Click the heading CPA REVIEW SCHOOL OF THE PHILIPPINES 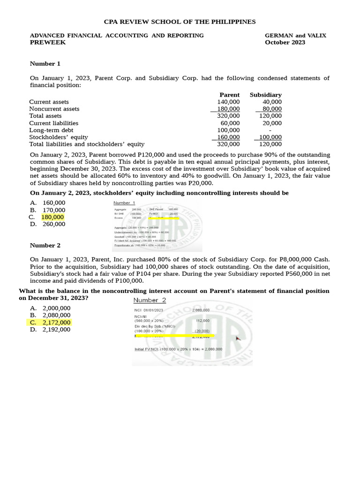coord(180,22)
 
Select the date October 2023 coord(285,42)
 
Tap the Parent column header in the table coord(229,95)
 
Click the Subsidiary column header coord(265,95)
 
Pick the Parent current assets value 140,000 coord(228,102)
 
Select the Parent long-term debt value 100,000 coord(228,130)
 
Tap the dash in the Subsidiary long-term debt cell coord(270,130)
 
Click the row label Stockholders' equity coord(59,137)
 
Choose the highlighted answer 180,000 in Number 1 coord(53,217)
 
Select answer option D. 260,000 coord(48,224)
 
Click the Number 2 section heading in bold coord(45,245)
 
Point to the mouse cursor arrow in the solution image coord(239,338)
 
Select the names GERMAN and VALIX coord(295,35)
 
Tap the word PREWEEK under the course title coord(48,42)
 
